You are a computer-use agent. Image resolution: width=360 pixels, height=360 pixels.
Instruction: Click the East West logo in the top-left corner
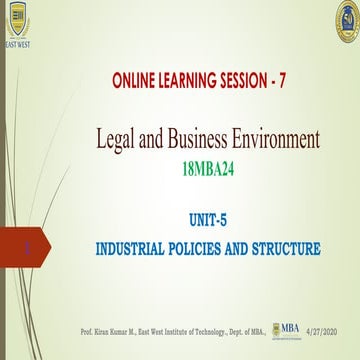pos(17,23)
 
